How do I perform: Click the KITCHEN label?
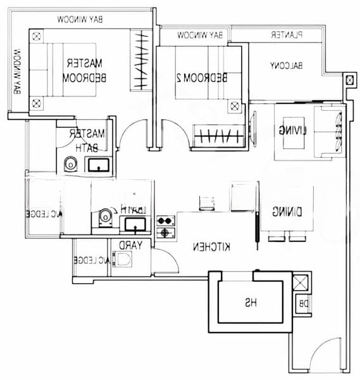click(x=212, y=246)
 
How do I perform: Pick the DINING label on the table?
click(x=287, y=212)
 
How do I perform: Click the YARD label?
click(x=131, y=245)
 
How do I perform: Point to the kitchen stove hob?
click(x=165, y=227)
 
